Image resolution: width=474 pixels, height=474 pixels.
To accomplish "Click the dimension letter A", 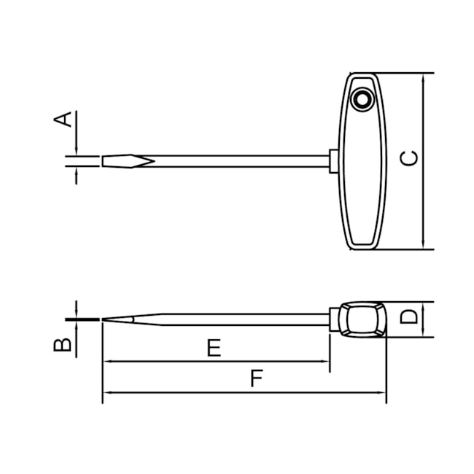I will [x=66, y=119].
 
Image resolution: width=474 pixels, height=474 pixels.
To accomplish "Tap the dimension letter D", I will [x=411, y=317].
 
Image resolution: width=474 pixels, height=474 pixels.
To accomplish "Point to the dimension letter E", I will [x=213, y=348].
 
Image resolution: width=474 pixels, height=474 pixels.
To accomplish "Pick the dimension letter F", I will [x=255, y=378].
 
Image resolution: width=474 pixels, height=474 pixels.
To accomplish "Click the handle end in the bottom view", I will [x=362, y=319].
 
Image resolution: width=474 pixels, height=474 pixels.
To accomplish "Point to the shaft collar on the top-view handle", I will [x=333, y=161].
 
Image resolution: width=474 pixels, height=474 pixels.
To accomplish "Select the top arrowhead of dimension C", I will [x=423, y=77].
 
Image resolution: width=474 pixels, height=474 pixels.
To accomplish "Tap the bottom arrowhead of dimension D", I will [x=423, y=333].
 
